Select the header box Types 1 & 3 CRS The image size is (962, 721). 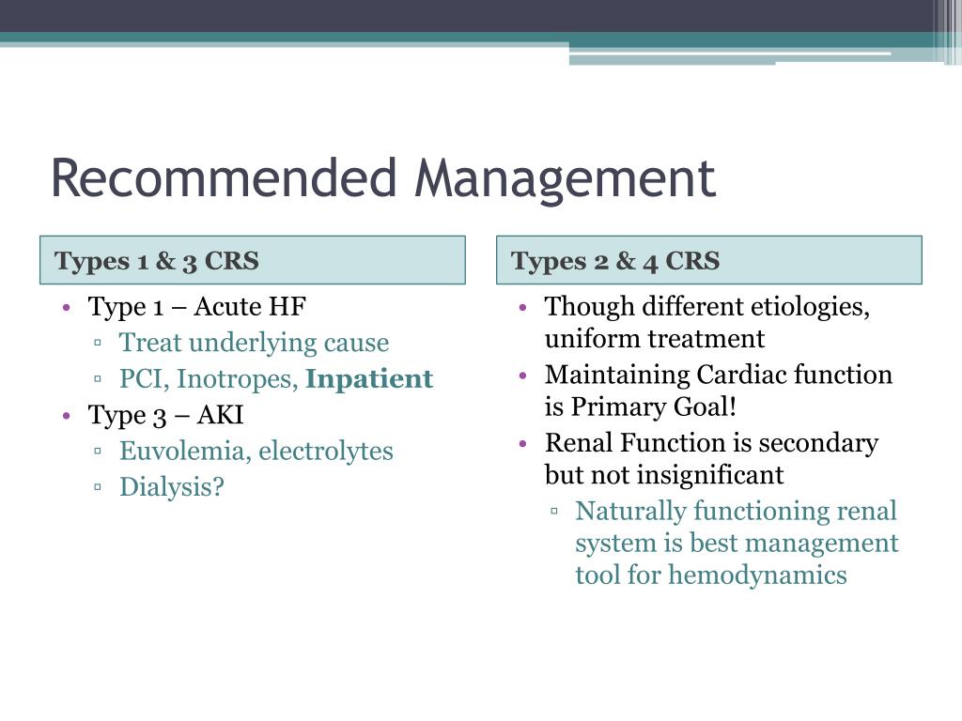252,260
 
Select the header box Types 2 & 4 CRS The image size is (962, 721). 708,260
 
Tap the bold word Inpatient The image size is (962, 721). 369,379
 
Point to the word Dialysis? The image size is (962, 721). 172,487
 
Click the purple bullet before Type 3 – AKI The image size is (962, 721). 67,416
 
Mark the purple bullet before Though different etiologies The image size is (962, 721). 523,308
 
